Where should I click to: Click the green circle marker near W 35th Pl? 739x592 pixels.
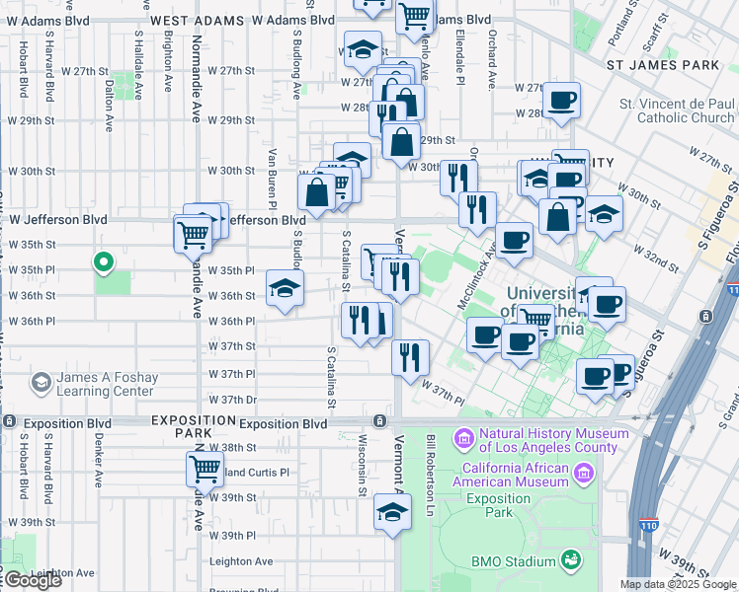[x=101, y=262]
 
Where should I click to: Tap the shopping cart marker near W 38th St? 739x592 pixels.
[x=205, y=469]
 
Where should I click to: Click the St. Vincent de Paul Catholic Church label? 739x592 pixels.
[x=677, y=111]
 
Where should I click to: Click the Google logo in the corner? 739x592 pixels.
[x=32, y=580]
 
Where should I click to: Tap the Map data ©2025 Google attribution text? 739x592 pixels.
[x=677, y=584]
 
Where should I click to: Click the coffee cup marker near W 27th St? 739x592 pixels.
[x=561, y=101]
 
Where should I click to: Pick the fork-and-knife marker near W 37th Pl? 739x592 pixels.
[x=410, y=357]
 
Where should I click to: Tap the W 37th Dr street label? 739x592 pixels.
[x=232, y=400]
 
